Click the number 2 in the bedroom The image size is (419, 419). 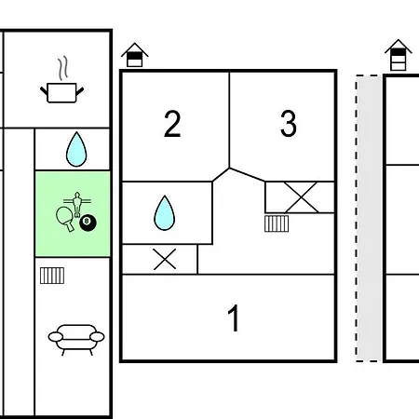tap(172, 124)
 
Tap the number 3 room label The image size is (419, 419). tap(289, 123)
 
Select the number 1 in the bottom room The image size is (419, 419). tap(234, 318)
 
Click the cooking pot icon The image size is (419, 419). tap(62, 92)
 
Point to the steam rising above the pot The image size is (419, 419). tap(62, 68)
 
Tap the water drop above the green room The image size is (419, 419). tap(76, 149)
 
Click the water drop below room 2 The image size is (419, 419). tap(165, 213)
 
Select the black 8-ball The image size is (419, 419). tap(88, 223)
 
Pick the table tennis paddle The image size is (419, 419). tap(65, 219)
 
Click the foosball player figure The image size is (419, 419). tap(77, 204)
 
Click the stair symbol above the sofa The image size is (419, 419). tap(52, 276)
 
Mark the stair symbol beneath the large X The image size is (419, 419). tap(277, 223)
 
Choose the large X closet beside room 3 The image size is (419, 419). tap(301, 197)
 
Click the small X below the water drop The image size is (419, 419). tap(165, 259)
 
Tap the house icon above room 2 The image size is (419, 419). tap(135, 55)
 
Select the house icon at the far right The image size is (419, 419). tap(399, 55)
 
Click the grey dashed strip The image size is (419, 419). tap(369, 218)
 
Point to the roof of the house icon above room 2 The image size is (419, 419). tap(135, 49)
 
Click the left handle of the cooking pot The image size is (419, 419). tap(44, 91)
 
